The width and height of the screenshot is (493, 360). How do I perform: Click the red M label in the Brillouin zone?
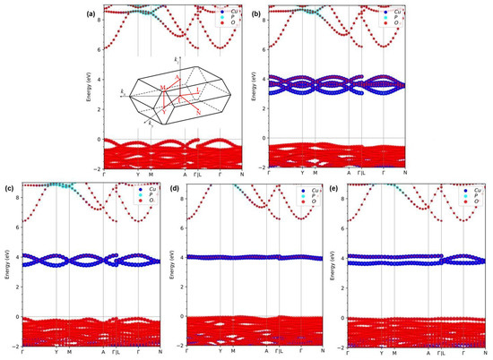(161, 87)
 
